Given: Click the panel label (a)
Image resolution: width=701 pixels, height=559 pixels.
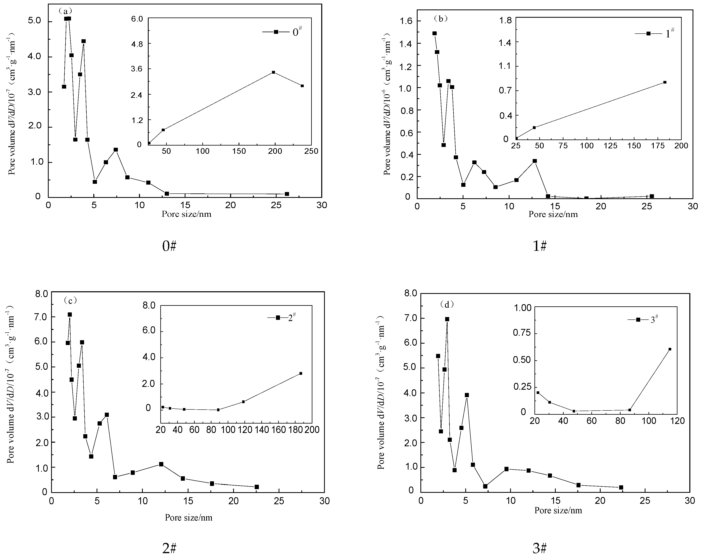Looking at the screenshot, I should [x=65, y=11].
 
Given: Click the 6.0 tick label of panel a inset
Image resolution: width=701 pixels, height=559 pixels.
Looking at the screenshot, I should [x=137, y=19].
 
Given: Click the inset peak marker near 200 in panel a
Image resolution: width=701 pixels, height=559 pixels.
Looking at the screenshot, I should [x=273, y=72].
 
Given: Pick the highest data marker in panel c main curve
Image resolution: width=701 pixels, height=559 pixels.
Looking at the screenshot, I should [x=70, y=315].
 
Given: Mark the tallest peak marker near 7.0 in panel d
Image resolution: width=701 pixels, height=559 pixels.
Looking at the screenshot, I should [x=447, y=319].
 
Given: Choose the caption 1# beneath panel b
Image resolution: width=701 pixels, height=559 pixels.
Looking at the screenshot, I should [x=540, y=246].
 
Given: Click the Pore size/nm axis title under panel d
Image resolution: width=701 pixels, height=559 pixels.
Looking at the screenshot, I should [x=558, y=510].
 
